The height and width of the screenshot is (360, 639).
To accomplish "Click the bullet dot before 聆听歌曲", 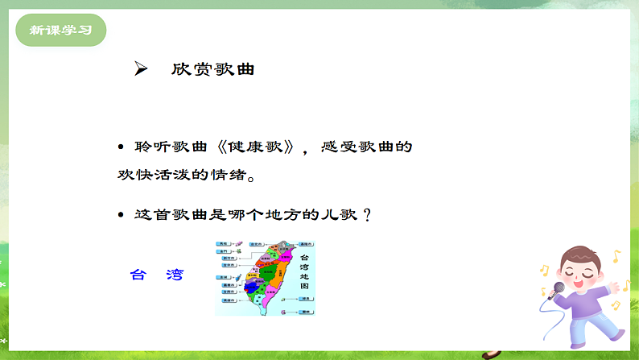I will pyautogui.click(x=121, y=148).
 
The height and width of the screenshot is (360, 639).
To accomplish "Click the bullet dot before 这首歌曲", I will pyautogui.click(x=121, y=216).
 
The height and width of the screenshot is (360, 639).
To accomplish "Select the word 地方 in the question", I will pyautogui.click(x=292, y=216).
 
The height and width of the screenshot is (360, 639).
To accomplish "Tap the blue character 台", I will pyautogui.click(x=138, y=275).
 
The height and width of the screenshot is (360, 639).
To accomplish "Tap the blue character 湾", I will pyautogui.click(x=174, y=275).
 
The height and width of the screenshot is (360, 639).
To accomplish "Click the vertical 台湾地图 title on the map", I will pyautogui.click(x=304, y=270).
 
